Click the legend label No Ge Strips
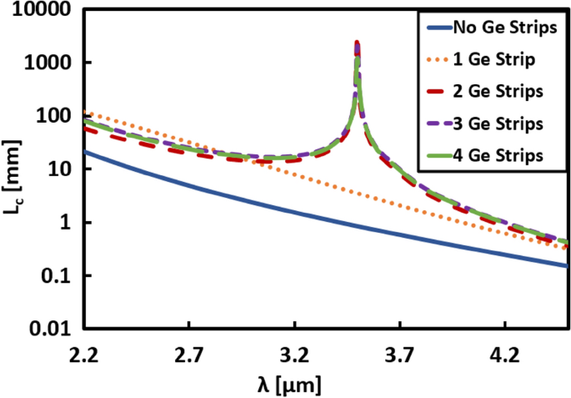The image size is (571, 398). pos(503,28)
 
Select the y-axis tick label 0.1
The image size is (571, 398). pos(56,276)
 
